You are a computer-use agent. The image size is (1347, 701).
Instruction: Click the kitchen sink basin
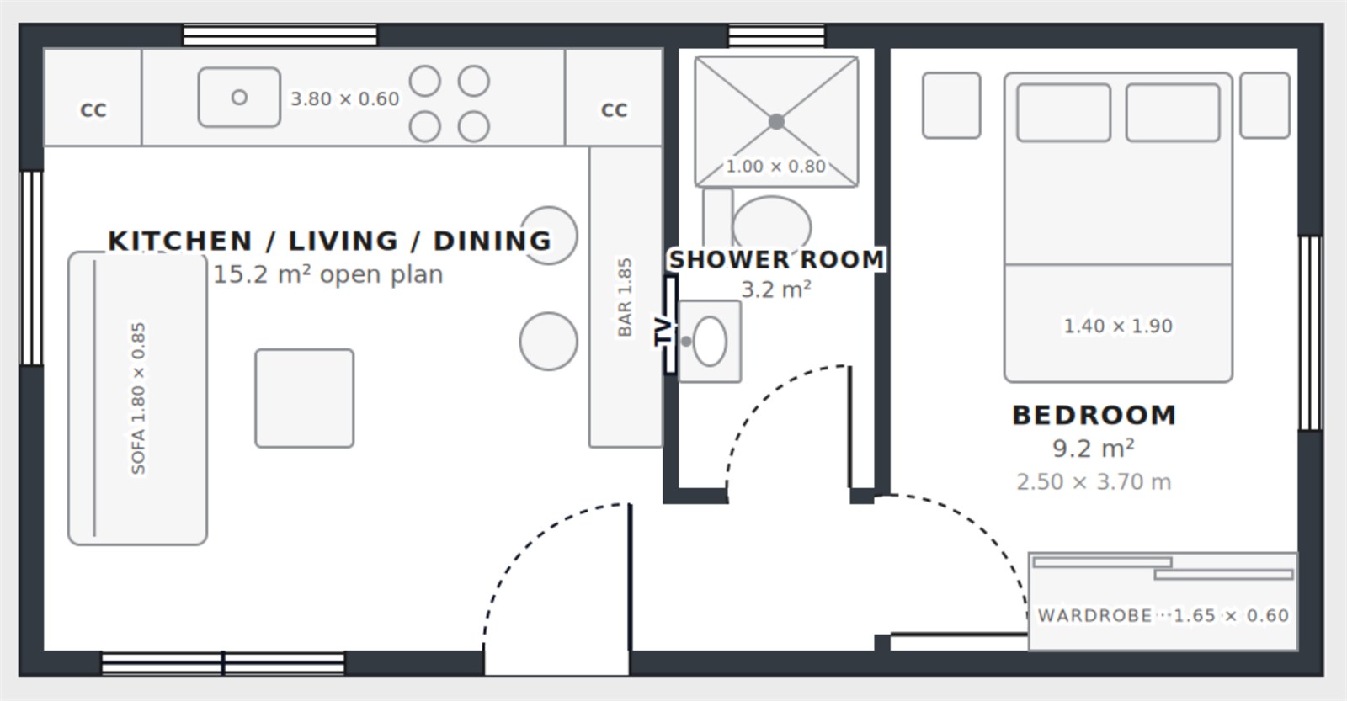239,98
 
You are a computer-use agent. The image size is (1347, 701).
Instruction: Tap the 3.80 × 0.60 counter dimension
344,98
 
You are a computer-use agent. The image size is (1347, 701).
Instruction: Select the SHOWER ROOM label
776,260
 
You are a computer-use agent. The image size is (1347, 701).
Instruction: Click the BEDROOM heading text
1094,416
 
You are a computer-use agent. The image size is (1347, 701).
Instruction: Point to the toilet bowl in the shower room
771,226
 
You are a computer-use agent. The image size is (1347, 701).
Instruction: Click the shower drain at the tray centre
776,121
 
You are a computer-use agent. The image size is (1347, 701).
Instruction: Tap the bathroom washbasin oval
710,342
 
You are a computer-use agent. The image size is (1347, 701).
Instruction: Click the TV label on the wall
663,332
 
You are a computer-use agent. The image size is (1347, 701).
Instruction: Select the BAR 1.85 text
625,298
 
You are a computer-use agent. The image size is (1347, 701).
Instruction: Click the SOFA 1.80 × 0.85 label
138,399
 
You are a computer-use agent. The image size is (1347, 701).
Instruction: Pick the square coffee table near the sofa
304,398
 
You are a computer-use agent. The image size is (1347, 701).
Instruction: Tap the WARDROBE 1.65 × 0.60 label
1163,616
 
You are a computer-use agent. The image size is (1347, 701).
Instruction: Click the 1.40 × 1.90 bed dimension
1118,326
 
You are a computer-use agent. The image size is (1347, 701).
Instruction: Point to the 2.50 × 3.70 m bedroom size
1094,482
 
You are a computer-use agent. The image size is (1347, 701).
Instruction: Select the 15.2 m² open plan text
327,274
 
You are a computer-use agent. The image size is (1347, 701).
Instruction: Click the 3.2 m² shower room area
776,289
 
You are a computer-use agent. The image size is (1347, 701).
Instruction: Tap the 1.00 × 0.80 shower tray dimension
775,167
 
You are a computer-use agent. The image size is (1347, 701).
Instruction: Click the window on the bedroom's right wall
1310,332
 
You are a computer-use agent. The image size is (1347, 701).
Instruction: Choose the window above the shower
776,36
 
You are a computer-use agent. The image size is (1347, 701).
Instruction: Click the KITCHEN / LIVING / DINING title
329,241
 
